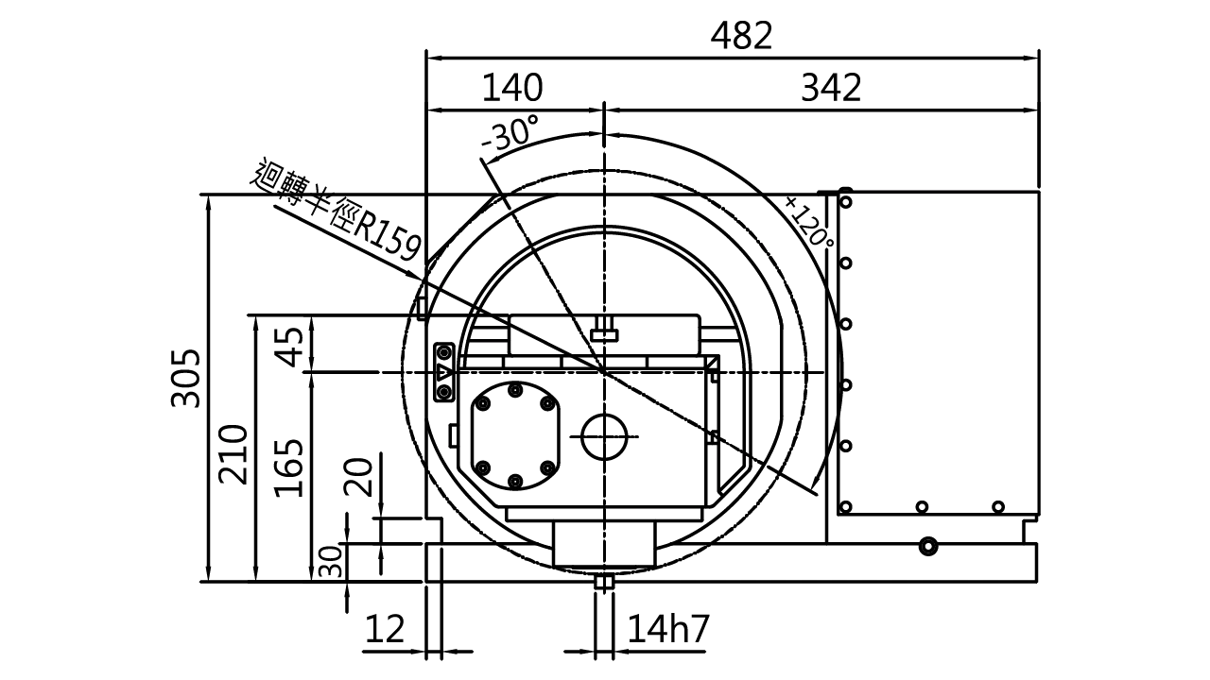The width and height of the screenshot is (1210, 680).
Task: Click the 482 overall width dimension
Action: point(741,37)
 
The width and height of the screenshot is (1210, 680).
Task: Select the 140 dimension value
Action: point(511,88)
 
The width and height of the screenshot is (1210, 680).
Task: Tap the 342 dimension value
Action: point(831,88)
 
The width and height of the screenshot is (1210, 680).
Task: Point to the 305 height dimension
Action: point(186,378)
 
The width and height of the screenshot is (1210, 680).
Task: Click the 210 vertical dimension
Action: point(233,455)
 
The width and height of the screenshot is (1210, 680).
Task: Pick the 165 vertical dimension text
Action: point(289,467)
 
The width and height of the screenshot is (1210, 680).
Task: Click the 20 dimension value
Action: point(358,477)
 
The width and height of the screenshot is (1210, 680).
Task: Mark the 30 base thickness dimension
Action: point(331,562)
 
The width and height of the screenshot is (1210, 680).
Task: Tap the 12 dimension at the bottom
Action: point(385,629)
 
